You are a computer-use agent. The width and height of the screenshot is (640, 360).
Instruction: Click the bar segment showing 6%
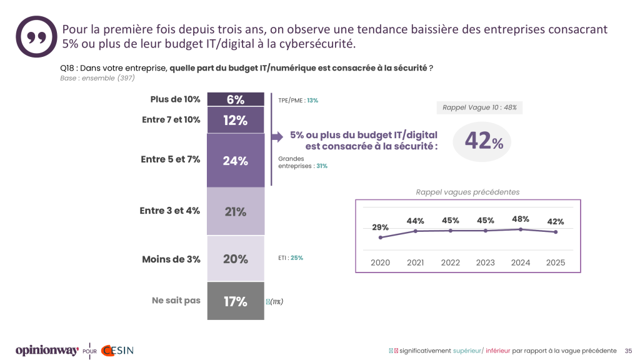[236, 99]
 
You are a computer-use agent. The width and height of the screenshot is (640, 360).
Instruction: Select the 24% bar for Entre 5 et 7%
[236, 161]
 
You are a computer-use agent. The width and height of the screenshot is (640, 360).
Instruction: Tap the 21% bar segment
[236, 212]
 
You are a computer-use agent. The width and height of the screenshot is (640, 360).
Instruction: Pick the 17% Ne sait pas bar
[236, 301]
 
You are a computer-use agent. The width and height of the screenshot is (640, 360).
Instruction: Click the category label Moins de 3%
[171, 259]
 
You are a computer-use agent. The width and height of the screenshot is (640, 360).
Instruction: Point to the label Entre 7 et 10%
[171, 119]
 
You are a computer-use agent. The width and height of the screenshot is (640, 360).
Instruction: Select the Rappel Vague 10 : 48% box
[479, 107]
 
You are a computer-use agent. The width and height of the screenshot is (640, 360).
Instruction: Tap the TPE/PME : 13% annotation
[298, 100]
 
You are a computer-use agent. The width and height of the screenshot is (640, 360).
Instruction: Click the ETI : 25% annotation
[291, 257]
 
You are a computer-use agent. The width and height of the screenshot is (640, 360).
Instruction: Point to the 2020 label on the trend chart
[380, 262]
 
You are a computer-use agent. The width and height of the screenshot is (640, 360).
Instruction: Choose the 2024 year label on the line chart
[520, 262]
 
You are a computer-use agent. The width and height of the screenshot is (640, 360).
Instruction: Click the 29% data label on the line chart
[380, 227]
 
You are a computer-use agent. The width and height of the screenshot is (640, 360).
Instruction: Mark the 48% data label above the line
[520, 219]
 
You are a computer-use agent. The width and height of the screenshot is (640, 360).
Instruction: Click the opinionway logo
[47, 351]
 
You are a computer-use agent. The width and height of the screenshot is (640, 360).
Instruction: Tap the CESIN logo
[117, 351]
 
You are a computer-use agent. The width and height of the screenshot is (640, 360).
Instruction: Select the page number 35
[629, 351]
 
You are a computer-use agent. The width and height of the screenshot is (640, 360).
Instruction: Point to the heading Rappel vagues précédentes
[467, 192]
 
